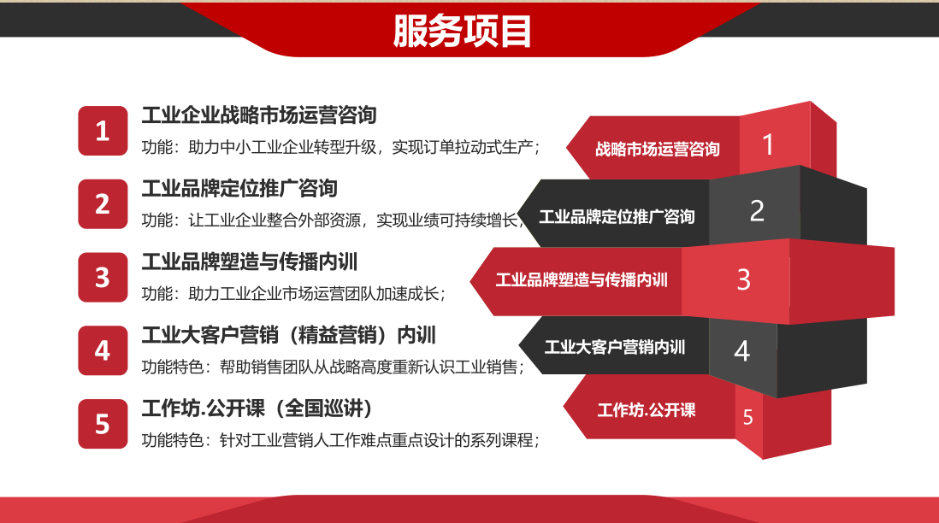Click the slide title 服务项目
coord(462,31)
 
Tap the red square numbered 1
coord(103,131)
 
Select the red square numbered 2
coord(103,204)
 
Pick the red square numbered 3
coord(103,278)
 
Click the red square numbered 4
coord(103,350)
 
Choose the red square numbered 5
coord(103,424)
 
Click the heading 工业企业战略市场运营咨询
coord(259,115)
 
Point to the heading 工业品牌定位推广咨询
coord(239,189)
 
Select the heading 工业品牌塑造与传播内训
coord(249,261)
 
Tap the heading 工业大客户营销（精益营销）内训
coord(289,335)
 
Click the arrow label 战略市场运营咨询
coord(657,149)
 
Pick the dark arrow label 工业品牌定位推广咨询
coord(617,216)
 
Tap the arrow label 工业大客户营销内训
coord(614,347)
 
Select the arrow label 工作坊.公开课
coord(647,410)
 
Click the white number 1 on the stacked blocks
coord(768,144)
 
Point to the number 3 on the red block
coord(743,279)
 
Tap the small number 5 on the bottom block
coord(748,417)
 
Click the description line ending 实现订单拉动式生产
coord(340,147)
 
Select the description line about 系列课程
coord(340,440)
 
